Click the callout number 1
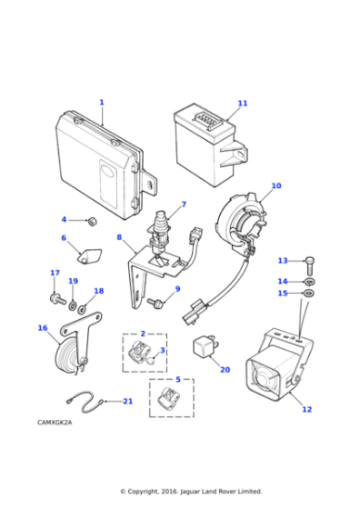click(x=102, y=103)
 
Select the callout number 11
click(x=242, y=104)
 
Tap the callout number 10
click(x=275, y=185)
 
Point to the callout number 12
click(x=306, y=409)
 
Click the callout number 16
click(x=42, y=328)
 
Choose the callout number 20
click(x=225, y=370)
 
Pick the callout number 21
click(x=127, y=401)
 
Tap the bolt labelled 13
click(x=309, y=264)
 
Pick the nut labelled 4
click(x=91, y=221)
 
